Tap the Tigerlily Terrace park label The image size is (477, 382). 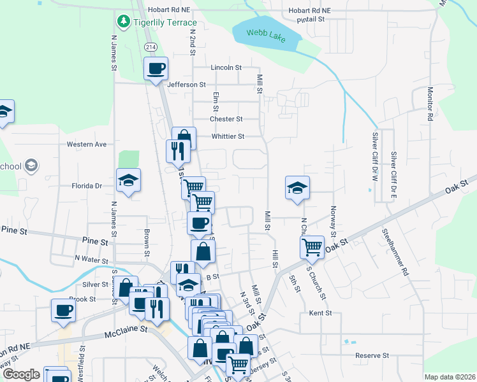pos(165,22)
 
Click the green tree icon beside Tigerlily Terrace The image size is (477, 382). pos(122,22)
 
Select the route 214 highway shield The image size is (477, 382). pos(150,47)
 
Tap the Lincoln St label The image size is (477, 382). pos(226,67)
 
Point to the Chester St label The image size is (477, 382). pos(226,119)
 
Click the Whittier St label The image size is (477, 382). pos(228,136)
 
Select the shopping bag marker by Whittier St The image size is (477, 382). pos(184,138)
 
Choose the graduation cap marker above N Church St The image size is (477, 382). pos(297,188)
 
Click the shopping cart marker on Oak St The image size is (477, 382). pos(312,247)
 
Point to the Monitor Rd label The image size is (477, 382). pos(430,104)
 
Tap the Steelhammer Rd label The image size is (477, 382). pos(395,252)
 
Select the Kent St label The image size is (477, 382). pos(321,313)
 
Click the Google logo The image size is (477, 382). pos(21,374)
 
